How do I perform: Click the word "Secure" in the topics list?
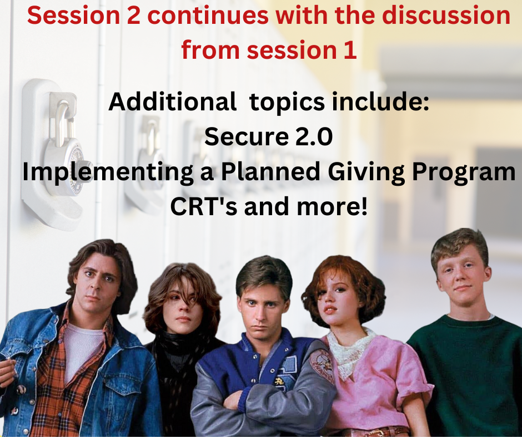click(x=247, y=136)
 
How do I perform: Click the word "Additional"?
click(x=173, y=101)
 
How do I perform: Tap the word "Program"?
click(x=463, y=172)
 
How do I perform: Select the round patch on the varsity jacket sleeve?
click(x=322, y=365)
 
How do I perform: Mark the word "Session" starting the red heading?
click(x=73, y=16)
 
